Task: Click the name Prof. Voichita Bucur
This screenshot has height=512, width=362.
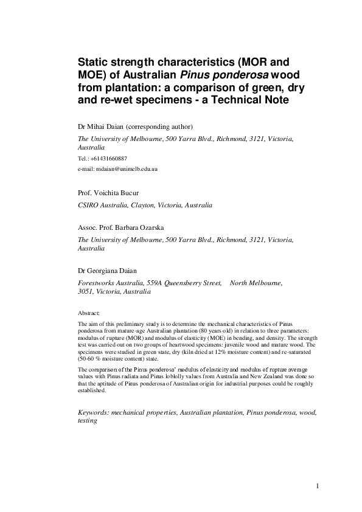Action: coord(108,193)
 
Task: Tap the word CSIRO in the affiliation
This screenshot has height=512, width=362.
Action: coord(89,206)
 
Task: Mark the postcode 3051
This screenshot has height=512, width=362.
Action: coord(85,292)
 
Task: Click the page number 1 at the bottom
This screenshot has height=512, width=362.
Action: coord(318,486)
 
